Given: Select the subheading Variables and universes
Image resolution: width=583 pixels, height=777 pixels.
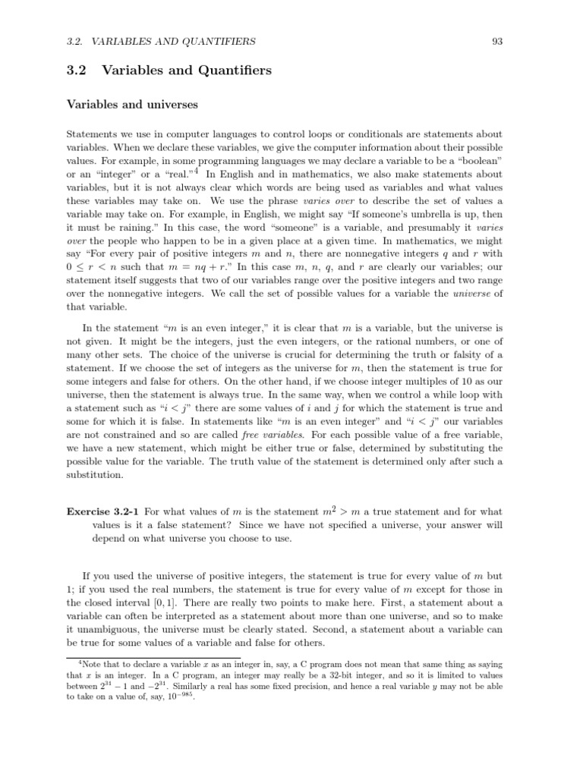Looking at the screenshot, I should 132,104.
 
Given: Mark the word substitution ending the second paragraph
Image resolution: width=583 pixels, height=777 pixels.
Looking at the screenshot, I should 96,475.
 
